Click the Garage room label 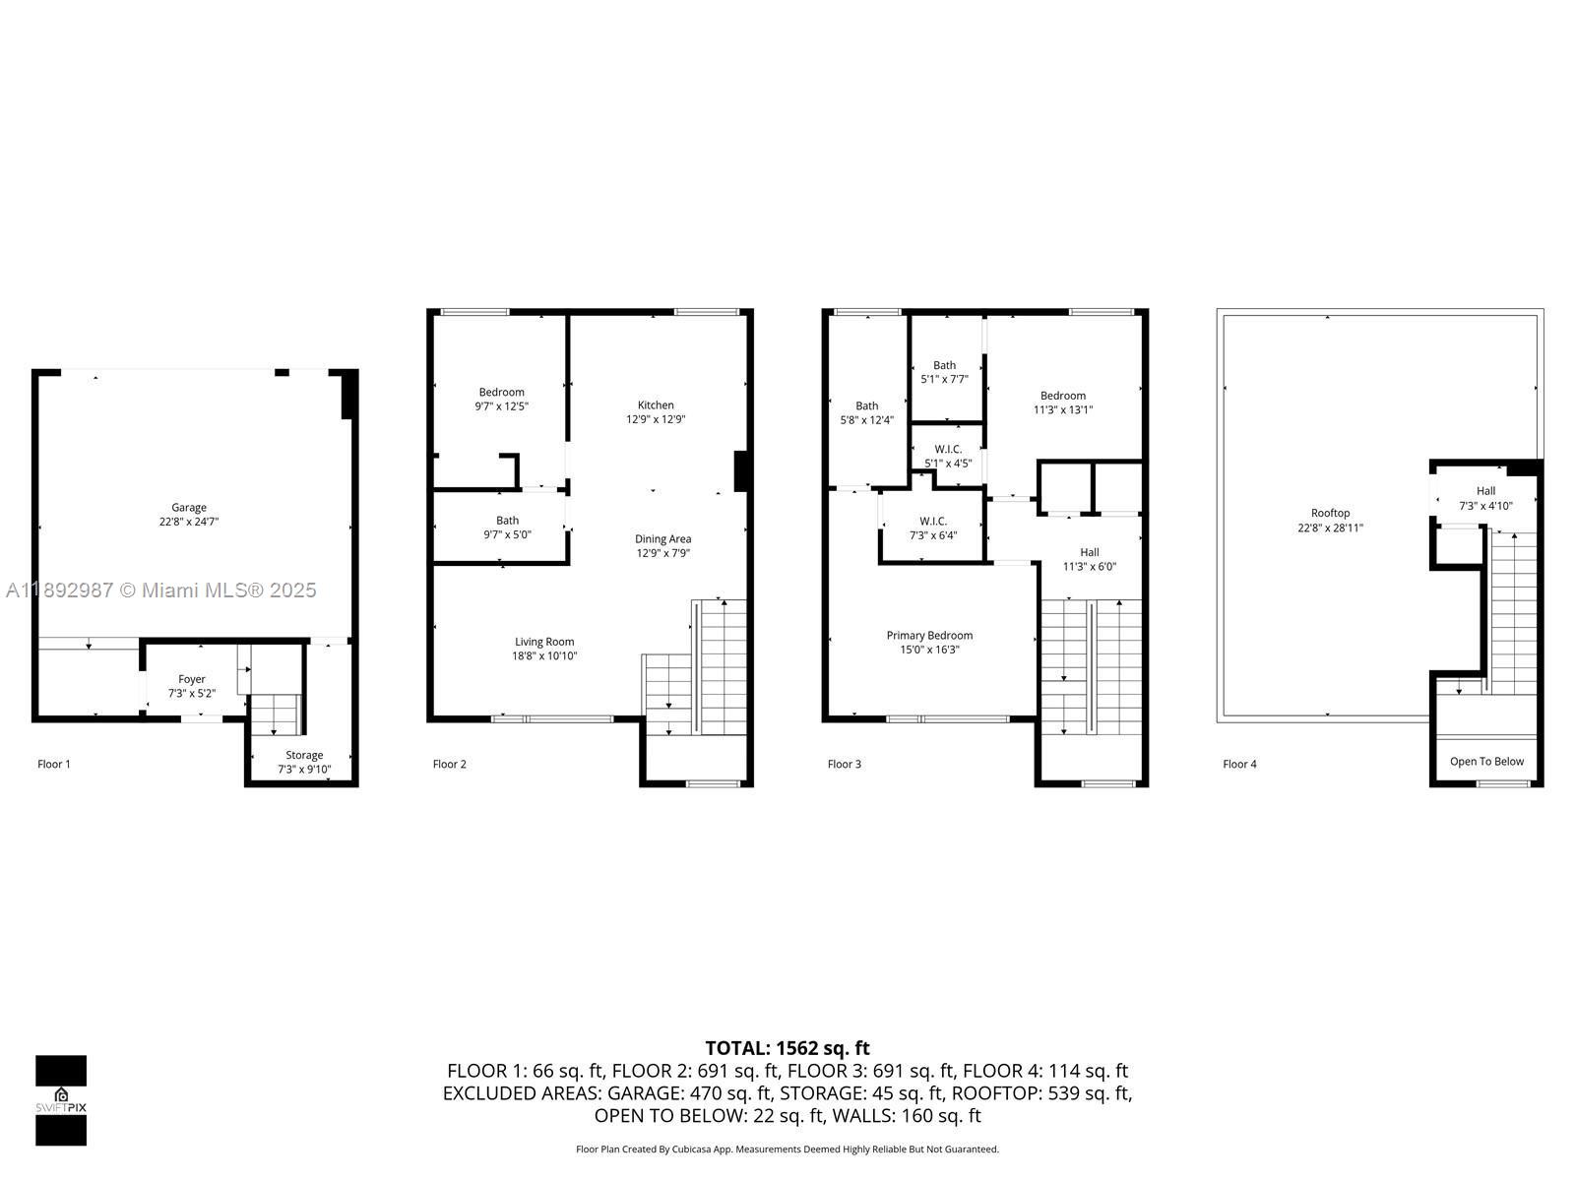[189, 508]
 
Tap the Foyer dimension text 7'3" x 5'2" [191, 693]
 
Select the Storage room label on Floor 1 [304, 755]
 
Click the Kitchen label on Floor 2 [656, 404]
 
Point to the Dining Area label [662, 538]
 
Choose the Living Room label [544, 642]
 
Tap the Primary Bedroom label [929, 636]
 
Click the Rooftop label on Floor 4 [1330, 513]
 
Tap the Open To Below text [1486, 761]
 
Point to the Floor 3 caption [845, 764]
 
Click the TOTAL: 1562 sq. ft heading [787, 1048]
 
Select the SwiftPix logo [61, 1100]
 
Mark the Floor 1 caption [54, 764]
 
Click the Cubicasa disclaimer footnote [787, 1149]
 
